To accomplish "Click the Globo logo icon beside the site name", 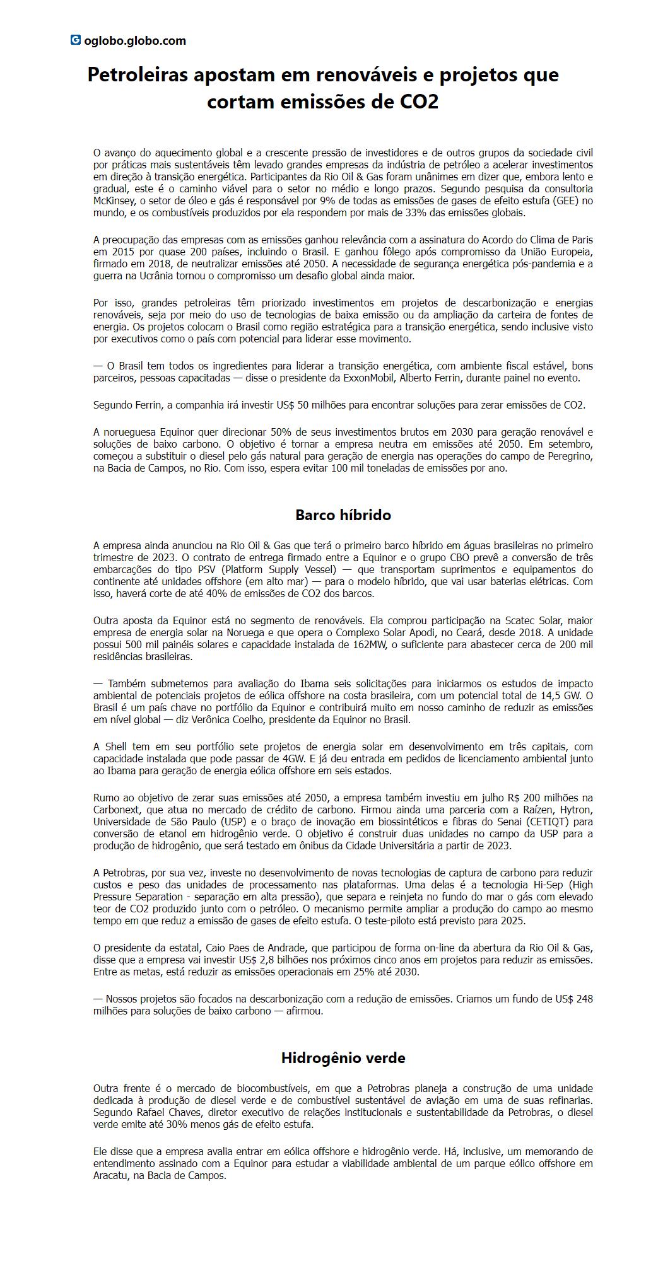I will pyautogui.click(x=75, y=40).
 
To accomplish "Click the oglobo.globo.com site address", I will pyautogui.click(x=134, y=41).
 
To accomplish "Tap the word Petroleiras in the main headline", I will pyautogui.click(x=138, y=74).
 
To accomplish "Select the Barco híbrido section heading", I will pyautogui.click(x=343, y=515).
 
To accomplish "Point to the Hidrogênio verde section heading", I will pyautogui.click(x=343, y=1058).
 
